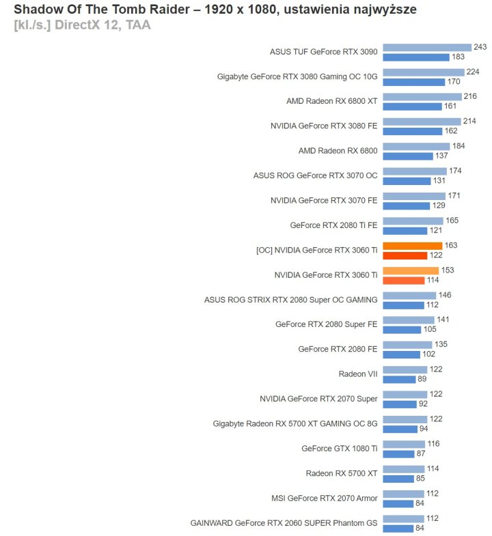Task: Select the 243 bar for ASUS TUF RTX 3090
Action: tap(426, 47)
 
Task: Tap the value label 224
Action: tap(474, 72)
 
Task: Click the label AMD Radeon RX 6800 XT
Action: tap(331, 101)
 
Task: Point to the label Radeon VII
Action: tap(357, 373)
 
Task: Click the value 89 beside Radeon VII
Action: tap(423, 379)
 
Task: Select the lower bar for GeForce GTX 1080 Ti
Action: tap(398, 453)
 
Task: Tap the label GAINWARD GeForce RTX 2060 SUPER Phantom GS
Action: tap(284, 523)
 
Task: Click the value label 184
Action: tap(460, 146)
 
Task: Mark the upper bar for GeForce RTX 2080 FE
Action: tap(407, 344)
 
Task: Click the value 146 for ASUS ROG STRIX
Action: tap(446, 295)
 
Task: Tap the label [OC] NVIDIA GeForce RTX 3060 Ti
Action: tap(316, 250)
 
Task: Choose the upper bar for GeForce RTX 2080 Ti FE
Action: tap(413, 221)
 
